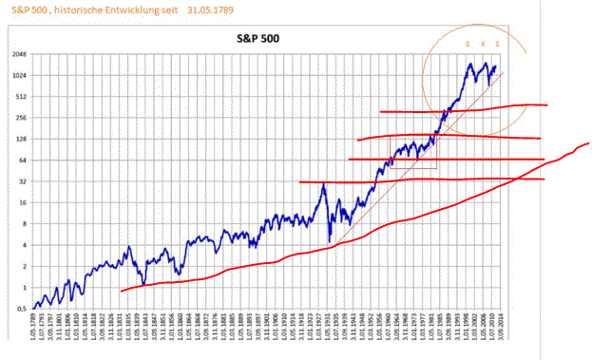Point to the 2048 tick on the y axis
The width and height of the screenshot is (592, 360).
point(18,55)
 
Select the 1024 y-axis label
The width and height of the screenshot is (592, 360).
point(18,76)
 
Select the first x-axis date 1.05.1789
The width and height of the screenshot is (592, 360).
point(35,332)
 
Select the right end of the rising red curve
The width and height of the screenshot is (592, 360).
point(588,143)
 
